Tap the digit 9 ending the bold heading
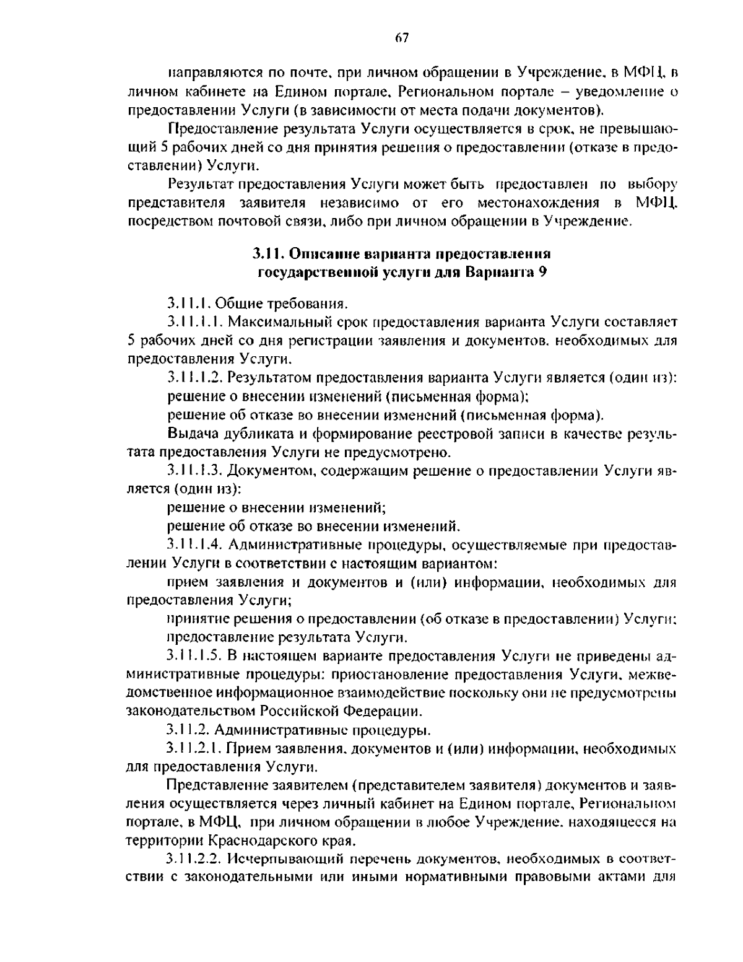pos(542,272)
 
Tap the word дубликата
pos(241,434)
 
